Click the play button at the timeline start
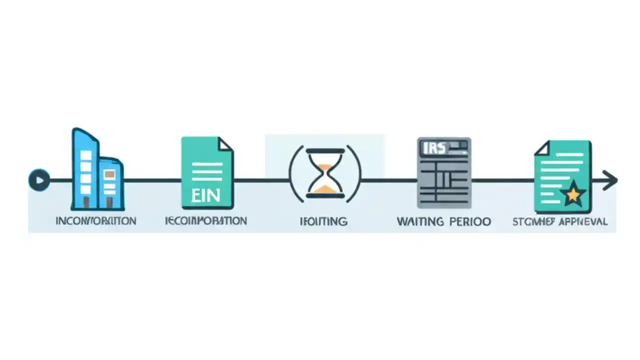click(x=39, y=180)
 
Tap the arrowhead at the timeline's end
click(x=610, y=180)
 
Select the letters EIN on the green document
click(x=206, y=194)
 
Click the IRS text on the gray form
click(x=433, y=148)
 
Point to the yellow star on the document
click(x=573, y=193)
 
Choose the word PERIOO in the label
click(x=469, y=221)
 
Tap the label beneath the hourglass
click(x=323, y=221)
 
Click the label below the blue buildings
click(x=95, y=221)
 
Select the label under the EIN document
click(x=206, y=221)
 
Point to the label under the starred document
click(x=560, y=221)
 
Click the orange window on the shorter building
click(x=109, y=174)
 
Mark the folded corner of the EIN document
click(x=225, y=144)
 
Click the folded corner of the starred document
click(x=542, y=148)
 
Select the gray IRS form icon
click(x=444, y=172)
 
